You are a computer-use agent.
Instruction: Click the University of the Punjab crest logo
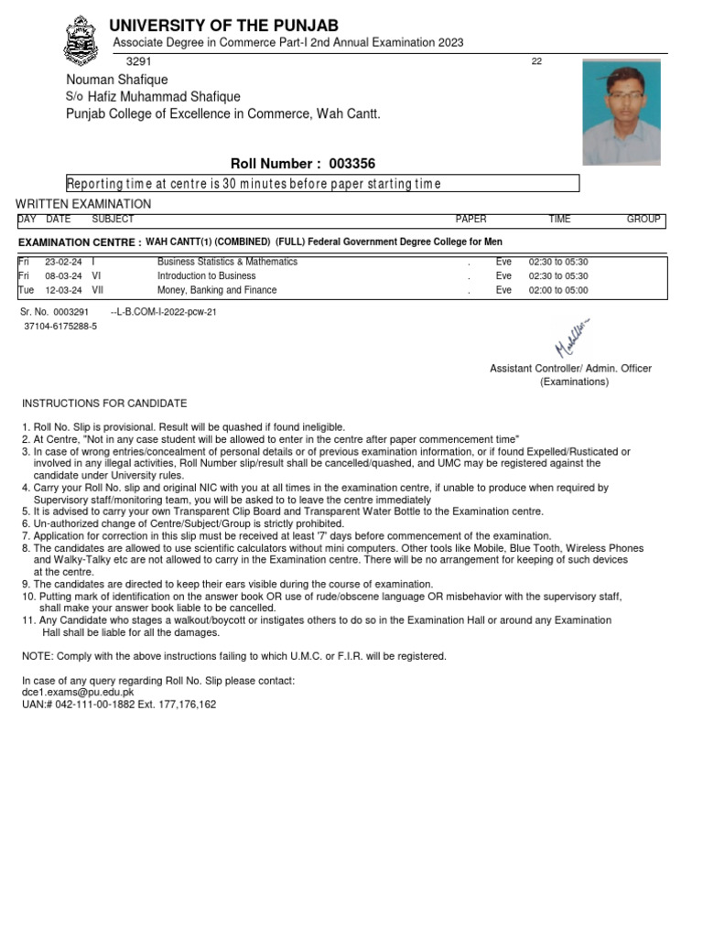coord(81,41)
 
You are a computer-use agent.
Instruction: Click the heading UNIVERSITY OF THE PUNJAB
coord(223,25)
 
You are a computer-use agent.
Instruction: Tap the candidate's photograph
coord(621,112)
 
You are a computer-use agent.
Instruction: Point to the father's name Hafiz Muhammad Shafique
coord(164,97)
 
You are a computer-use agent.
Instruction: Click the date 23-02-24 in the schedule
coord(62,262)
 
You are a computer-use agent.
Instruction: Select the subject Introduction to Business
coord(206,276)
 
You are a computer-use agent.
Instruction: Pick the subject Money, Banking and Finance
coord(216,291)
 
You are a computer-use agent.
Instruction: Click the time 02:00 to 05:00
coord(558,291)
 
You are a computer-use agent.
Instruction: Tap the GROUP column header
coord(644,220)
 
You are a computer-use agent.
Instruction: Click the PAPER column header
coord(470,220)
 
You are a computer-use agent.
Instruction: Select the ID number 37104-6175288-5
coord(60,326)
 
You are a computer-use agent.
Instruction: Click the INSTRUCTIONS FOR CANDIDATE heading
coord(104,404)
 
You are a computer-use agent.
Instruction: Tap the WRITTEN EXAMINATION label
coord(83,204)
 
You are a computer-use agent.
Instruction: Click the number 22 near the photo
coord(536,61)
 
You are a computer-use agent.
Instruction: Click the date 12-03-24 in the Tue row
coord(62,291)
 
